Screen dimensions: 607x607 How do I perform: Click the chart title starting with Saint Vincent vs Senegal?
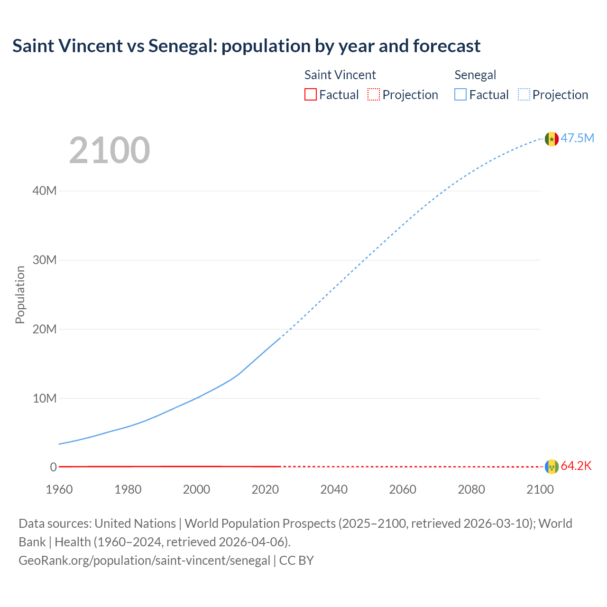click(x=246, y=46)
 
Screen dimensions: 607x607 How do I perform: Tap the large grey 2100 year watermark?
click(x=110, y=150)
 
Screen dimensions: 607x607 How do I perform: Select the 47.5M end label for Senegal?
click(x=577, y=138)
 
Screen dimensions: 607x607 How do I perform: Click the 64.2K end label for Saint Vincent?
click(x=576, y=466)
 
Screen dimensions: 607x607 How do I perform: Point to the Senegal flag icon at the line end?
click(x=552, y=139)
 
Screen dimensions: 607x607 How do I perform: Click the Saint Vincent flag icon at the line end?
click(x=552, y=467)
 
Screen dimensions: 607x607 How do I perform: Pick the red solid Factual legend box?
click(x=310, y=95)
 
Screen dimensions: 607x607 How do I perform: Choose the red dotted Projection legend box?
click(x=374, y=95)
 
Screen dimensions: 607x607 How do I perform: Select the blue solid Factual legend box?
click(x=460, y=95)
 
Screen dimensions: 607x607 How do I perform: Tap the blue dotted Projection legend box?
click(x=524, y=95)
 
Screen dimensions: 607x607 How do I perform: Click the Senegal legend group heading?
click(x=475, y=75)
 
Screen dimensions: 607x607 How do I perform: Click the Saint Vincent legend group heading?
click(x=340, y=75)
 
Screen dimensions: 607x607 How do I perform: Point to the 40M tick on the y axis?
click(x=45, y=191)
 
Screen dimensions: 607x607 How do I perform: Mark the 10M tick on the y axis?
click(x=45, y=398)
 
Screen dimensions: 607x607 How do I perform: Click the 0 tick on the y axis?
click(x=53, y=467)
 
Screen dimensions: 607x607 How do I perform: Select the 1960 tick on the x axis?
click(x=59, y=489)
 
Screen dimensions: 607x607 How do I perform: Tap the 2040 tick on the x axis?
click(x=334, y=489)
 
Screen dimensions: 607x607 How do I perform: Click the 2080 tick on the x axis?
click(x=471, y=489)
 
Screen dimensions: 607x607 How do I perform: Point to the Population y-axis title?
click(x=20, y=294)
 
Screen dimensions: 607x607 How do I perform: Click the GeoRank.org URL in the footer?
click(x=144, y=561)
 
